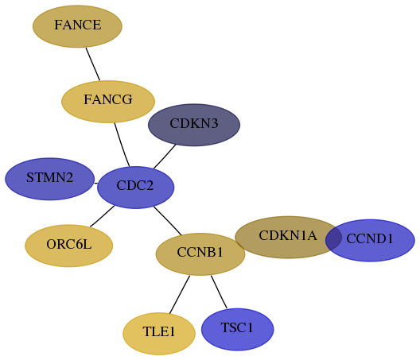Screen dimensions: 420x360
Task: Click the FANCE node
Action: pyautogui.click(x=77, y=26)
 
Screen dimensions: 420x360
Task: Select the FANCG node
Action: pyautogui.click(x=108, y=102)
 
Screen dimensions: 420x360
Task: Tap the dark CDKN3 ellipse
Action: pyautogui.click(x=194, y=125)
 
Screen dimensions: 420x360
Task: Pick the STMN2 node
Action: pyautogui.click(x=50, y=179)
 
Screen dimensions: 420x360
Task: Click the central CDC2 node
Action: pyautogui.click(x=136, y=188)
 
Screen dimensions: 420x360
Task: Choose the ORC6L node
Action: pyautogui.click(x=69, y=246)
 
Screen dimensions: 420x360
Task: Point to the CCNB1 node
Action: pyautogui.click(x=200, y=254)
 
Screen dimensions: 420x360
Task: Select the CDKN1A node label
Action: pyautogui.click(x=288, y=235)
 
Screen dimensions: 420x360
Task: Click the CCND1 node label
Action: pyautogui.click(x=370, y=238)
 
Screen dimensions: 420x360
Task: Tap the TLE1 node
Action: pyautogui.click(x=159, y=334)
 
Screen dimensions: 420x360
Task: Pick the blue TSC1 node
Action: pyautogui.click(x=238, y=329)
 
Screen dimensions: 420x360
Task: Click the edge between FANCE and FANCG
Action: pyautogui.click(x=93, y=64)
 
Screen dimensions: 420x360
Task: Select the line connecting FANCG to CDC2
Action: pyautogui.click(x=122, y=145)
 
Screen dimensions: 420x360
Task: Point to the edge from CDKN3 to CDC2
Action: pyautogui.click(x=165, y=157)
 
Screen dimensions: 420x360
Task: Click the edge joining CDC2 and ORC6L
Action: pyautogui.click(x=102, y=216)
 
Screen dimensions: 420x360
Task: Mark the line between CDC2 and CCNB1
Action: pyautogui.click(x=168, y=221)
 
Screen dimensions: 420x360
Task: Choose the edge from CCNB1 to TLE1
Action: pyautogui.click(x=180, y=294)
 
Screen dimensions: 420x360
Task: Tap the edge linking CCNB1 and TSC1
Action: pyautogui.click(x=219, y=292)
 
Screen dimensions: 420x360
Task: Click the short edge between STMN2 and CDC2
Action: pyautogui.click(x=96, y=184)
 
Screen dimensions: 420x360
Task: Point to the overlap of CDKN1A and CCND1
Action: pyautogui.click(x=334, y=238)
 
